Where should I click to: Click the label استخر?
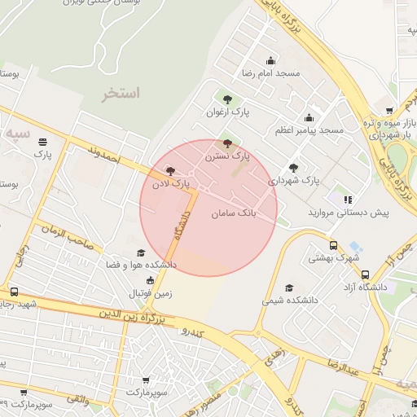pyautogui.click(x=121, y=94)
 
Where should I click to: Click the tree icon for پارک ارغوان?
pyautogui.click(x=227, y=99)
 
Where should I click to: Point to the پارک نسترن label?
pyautogui.click(x=227, y=154)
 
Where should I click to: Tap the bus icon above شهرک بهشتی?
pyautogui.click(x=332, y=246)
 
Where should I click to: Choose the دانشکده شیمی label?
pyautogui.click(x=287, y=301)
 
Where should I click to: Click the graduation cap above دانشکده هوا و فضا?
pyautogui.click(x=140, y=253)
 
